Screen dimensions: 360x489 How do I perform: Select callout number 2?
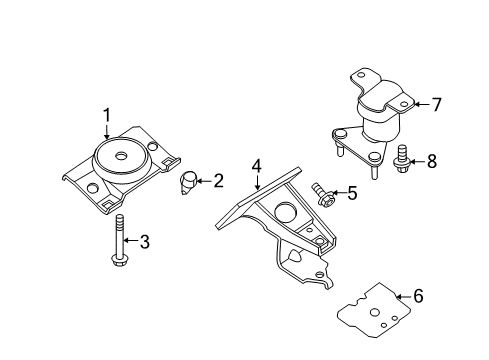click(x=218, y=181)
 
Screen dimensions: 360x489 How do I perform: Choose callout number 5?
click(x=351, y=193)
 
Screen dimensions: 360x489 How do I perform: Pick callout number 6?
click(x=418, y=296)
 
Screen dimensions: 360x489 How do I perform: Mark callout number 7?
click(x=435, y=103)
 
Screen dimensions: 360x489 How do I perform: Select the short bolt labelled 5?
click(x=322, y=192)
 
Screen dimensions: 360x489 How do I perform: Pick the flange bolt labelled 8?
click(x=403, y=159)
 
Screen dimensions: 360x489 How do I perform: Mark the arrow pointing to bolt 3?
click(x=131, y=240)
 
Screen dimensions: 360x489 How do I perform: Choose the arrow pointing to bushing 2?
click(x=203, y=181)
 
